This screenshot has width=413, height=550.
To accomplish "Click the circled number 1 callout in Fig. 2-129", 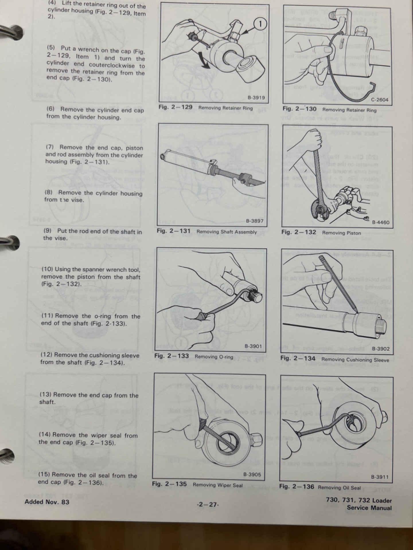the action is (260, 24).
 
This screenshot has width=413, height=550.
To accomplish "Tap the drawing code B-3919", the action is (256, 98).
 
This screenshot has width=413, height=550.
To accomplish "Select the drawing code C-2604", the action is (380, 100).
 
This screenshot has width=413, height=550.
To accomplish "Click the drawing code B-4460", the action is (381, 222).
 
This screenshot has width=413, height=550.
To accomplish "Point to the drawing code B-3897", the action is (255, 221).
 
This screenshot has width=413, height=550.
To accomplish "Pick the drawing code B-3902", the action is (381, 349).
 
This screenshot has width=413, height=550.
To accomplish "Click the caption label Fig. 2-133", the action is (172, 356).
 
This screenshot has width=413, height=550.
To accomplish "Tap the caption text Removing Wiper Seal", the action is (218, 485).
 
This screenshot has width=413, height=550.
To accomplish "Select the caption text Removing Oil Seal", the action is (339, 488).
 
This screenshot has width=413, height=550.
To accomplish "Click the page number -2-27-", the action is (208, 504).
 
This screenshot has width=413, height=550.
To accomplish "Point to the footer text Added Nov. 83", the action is (47, 502).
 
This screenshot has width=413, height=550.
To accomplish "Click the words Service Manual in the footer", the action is (369, 508).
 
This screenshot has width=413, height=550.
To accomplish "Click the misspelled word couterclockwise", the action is (112, 65).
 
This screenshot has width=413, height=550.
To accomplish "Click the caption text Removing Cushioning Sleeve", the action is (355, 360).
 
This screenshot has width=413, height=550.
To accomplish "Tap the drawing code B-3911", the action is (380, 477).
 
